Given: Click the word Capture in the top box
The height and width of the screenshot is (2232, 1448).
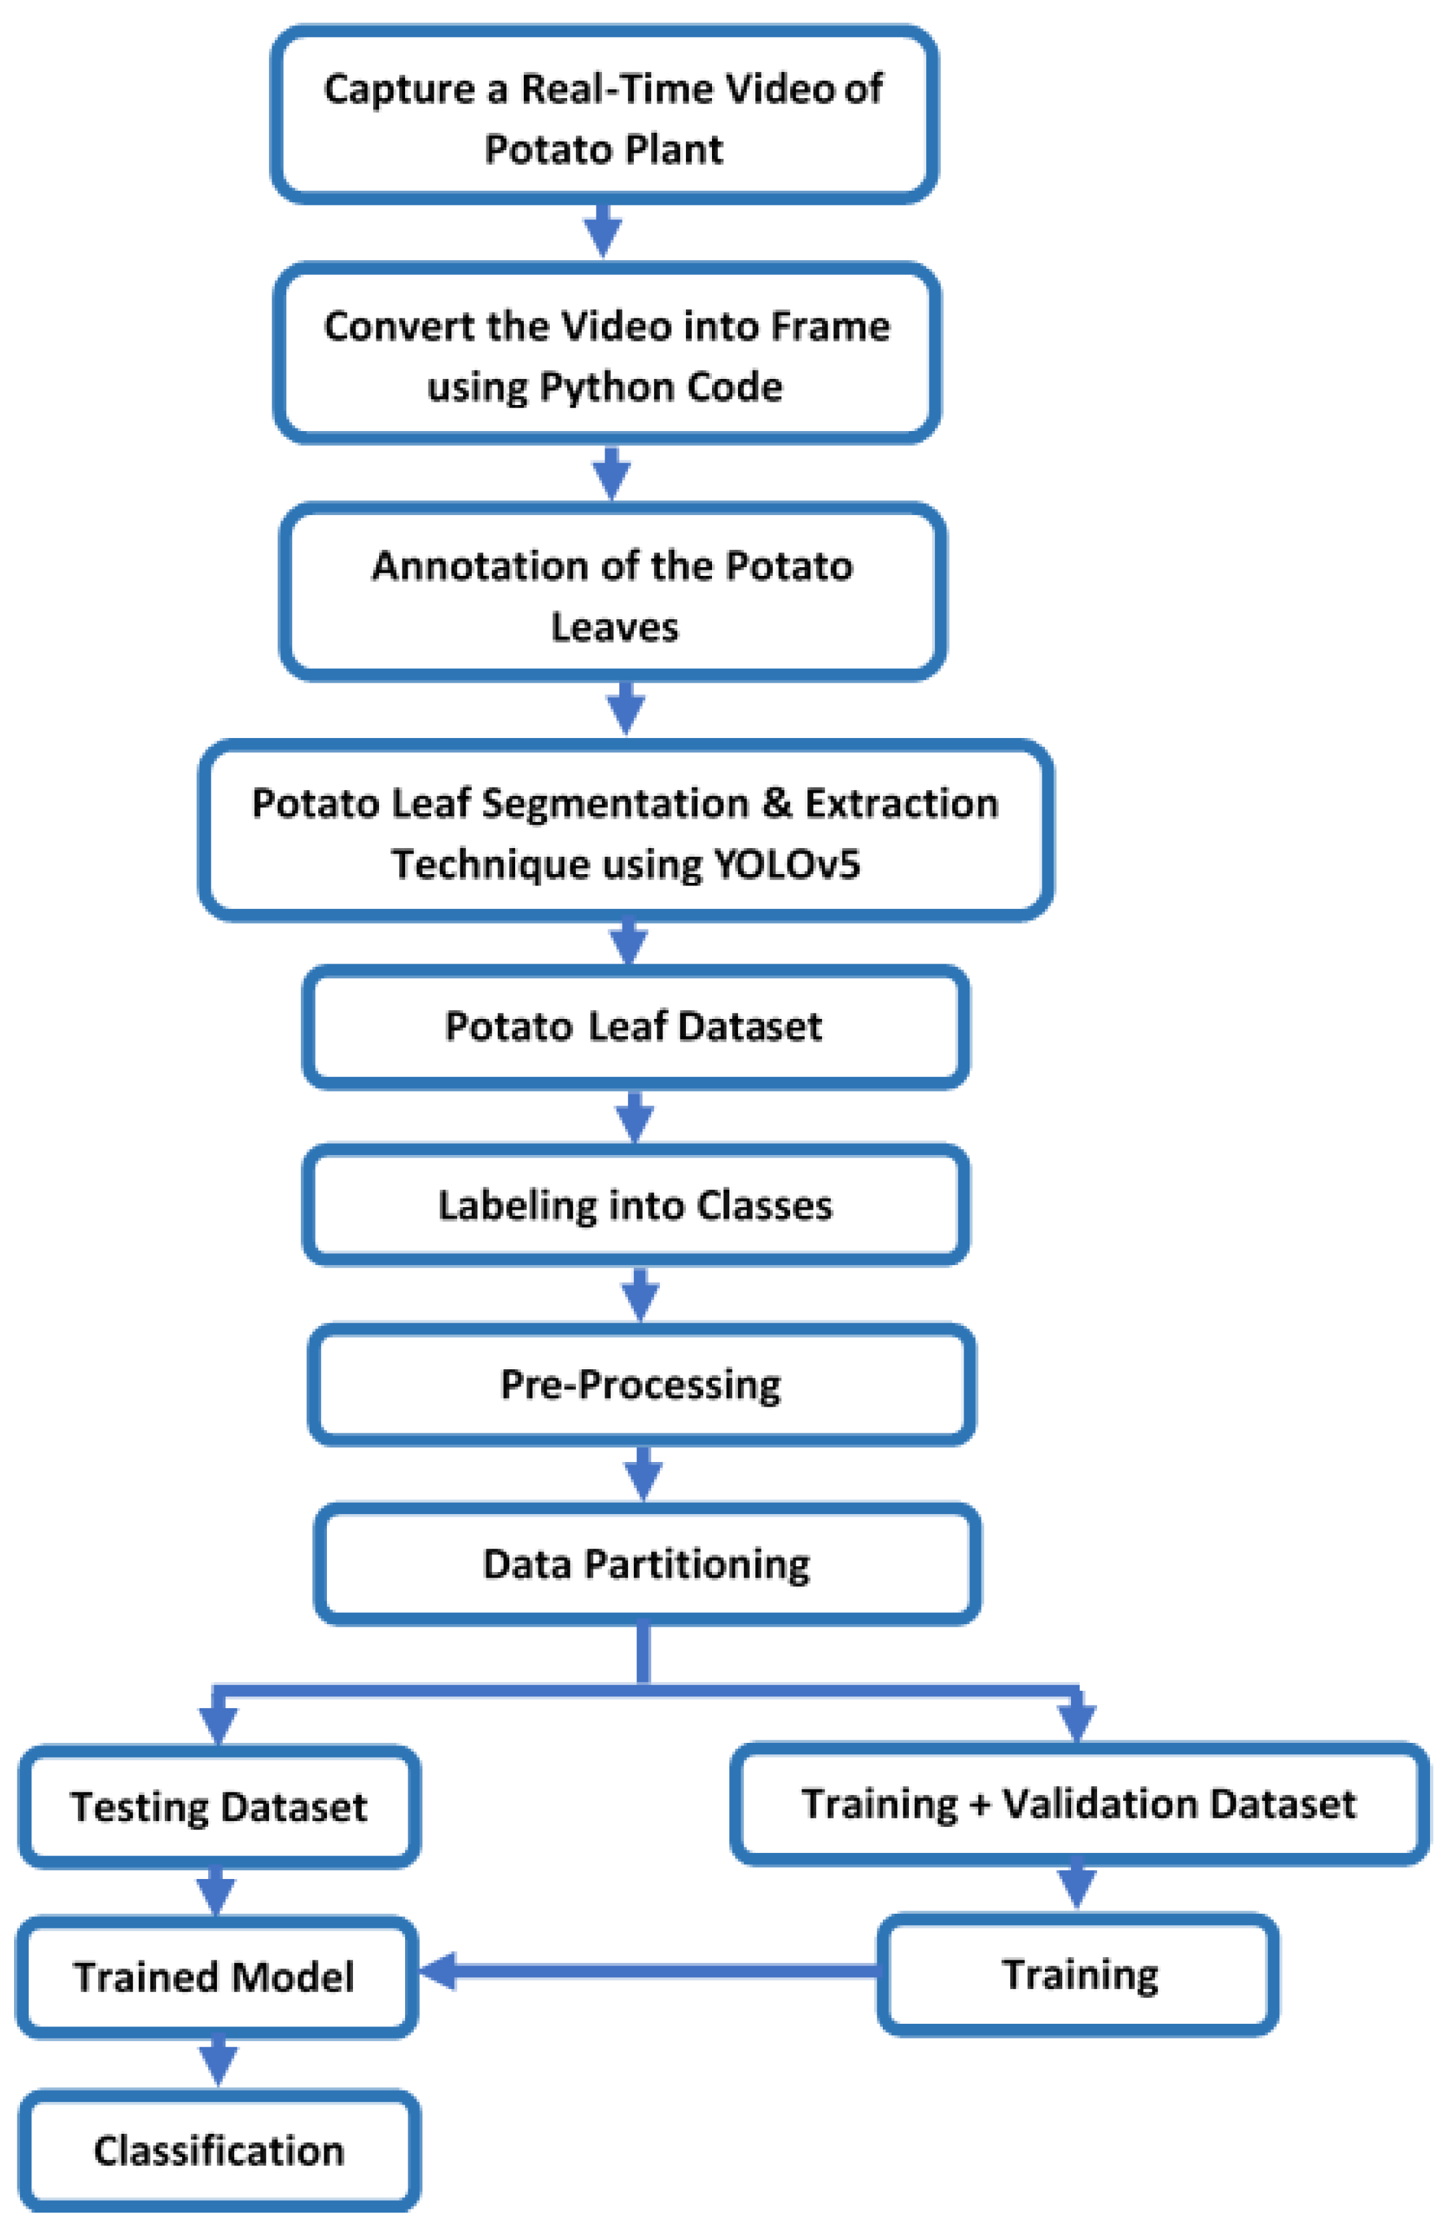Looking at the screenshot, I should (398, 90).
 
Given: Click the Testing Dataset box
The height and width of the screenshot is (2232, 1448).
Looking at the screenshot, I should (218, 1806).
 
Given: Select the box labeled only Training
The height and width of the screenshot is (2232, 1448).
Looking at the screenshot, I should (1078, 1974).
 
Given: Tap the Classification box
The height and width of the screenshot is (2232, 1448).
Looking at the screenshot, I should (218, 2151).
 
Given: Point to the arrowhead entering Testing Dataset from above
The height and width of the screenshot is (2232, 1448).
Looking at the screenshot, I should (218, 1724).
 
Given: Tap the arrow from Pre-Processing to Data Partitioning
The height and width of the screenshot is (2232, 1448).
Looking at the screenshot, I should (643, 1473).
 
